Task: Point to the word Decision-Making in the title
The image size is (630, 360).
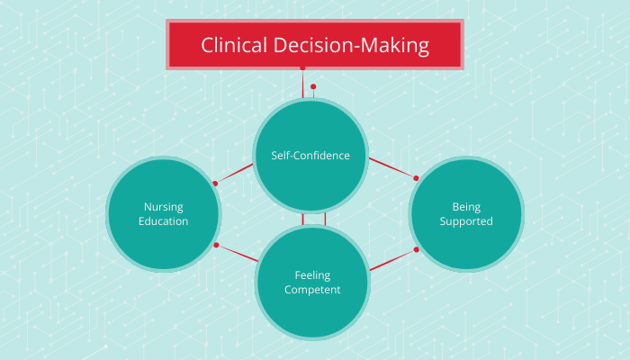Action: click(354, 45)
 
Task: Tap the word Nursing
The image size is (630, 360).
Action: click(163, 206)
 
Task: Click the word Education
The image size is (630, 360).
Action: click(163, 221)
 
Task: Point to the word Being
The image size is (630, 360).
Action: click(466, 206)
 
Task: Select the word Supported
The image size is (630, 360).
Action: click(466, 221)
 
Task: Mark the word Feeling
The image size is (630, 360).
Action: click(311, 274)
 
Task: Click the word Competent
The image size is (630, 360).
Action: click(311, 290)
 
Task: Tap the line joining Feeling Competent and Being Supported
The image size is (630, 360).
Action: click(391, 260)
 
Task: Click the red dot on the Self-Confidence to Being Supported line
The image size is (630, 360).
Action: click(416, 175)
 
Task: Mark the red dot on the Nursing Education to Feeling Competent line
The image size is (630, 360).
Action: click(216, 245)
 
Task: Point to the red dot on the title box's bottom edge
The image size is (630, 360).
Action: click(302, 67)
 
